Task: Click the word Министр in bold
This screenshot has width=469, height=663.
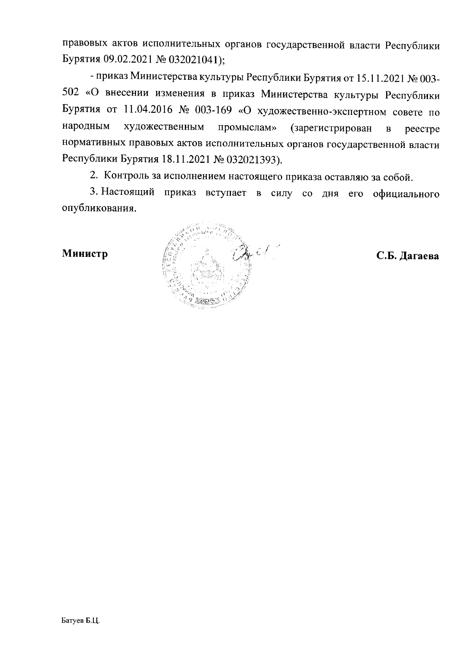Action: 85,254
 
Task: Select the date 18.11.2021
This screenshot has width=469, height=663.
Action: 184,159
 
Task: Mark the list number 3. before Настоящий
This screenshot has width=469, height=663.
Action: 93,193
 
